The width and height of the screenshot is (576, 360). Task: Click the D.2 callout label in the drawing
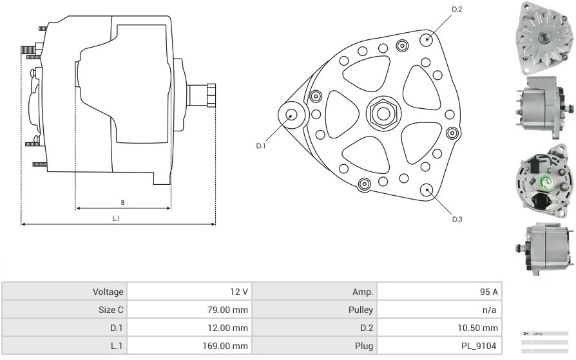(457, 9)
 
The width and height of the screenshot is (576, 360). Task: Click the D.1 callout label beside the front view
(261, 146)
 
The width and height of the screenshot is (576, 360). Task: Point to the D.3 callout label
(457, 219)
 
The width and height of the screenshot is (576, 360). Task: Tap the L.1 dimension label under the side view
(117, 218)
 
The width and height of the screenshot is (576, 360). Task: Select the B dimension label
(122, 202)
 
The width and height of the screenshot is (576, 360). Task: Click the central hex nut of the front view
(383, 114)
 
